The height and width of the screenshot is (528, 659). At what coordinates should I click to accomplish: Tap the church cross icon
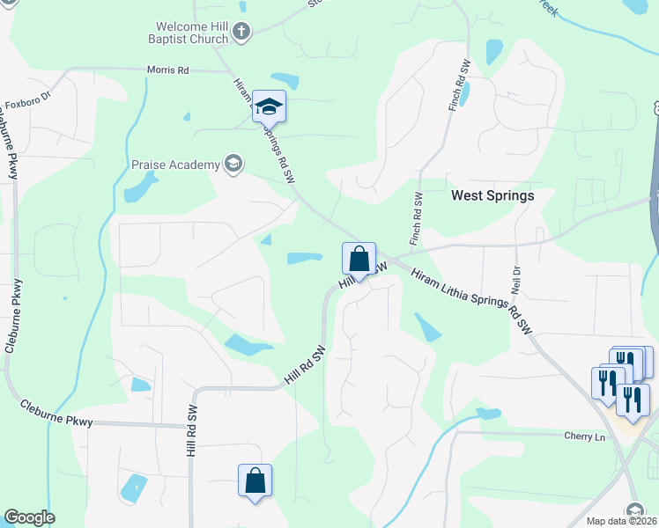242,33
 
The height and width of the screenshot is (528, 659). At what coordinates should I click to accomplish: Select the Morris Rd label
167,70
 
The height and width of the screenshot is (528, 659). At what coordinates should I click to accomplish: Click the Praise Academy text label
175,165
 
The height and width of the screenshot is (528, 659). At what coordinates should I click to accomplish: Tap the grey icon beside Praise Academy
233,163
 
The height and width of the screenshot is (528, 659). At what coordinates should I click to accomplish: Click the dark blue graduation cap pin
269,107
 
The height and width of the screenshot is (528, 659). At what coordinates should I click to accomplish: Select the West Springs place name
492,195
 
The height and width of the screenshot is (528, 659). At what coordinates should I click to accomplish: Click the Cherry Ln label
586,436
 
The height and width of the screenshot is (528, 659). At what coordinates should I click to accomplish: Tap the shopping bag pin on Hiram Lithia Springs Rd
359,260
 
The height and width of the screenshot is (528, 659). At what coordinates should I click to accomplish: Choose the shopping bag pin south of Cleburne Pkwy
255,481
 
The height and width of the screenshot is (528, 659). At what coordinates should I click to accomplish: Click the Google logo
29,517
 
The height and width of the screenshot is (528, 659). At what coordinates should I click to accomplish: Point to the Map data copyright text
621,521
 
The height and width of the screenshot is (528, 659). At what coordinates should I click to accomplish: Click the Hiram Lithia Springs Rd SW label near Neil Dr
473,301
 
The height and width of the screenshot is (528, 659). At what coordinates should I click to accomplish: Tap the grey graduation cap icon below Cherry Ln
633,510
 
